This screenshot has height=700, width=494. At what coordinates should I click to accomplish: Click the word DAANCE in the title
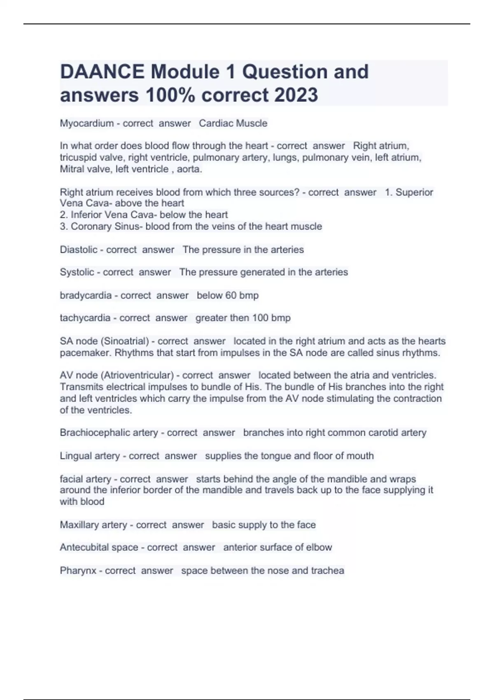pyautogui.click(x=102, y=72)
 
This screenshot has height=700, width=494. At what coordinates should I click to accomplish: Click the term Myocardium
pyautogui.click(x=86, y=123)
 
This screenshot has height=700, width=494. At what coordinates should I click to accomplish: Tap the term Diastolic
pyautogui.click(x=78, y=250)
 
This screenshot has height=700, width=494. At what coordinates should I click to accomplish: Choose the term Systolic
pyautogui.click(x=77, y=272)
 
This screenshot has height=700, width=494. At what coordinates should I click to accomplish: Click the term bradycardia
pyautogui.click(x=86, y=295)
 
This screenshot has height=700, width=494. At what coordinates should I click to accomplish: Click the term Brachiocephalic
pyautogui.click(x=93, y=433)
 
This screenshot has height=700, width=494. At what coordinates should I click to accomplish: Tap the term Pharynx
pyautogui.click(x=78, y=571)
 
